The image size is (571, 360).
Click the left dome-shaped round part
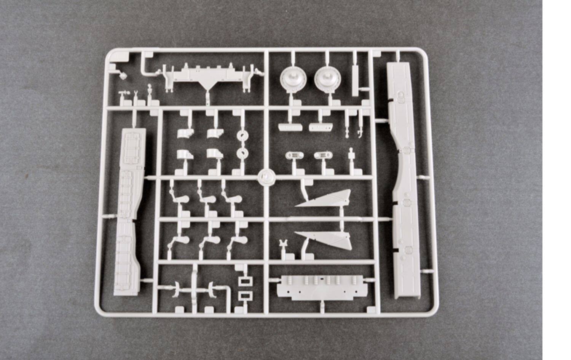click(x=293, y=79)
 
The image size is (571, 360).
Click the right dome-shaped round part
click(x=328, y=79)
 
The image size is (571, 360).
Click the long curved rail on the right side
click(x=404, y=179)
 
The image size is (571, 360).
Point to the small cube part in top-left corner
click(x=123, y=75)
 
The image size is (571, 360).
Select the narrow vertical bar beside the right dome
click(x=355, y=80)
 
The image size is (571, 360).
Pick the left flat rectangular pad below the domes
click(x=289, y=127)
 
